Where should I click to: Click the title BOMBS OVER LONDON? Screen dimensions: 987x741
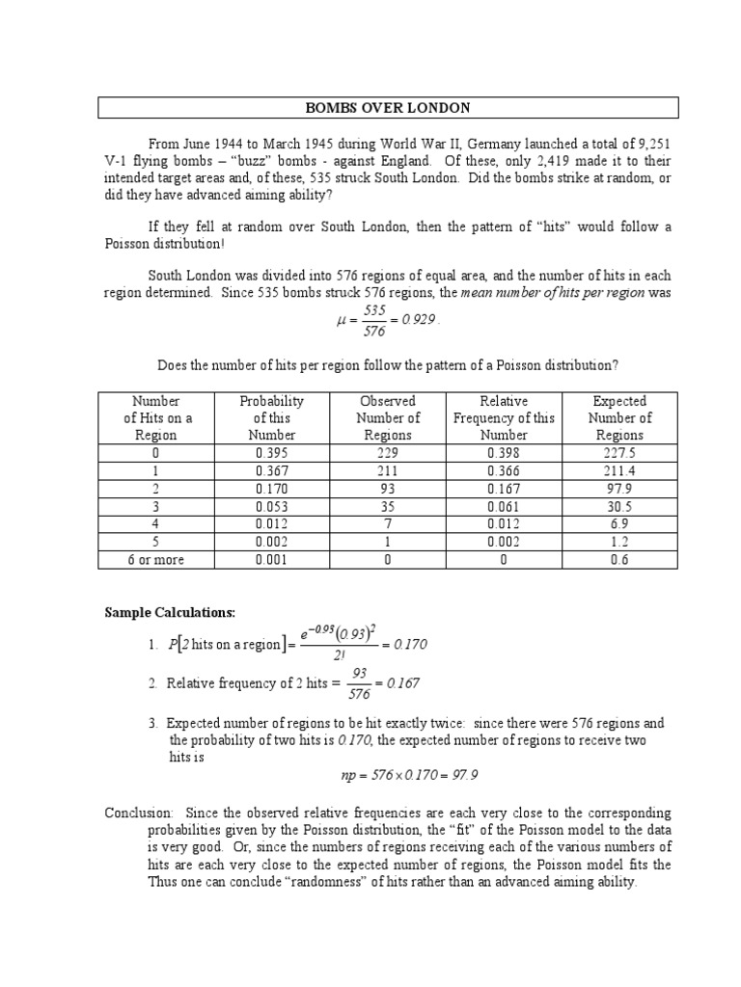click(387, 107)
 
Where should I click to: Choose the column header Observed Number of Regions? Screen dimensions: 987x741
click(388, 418)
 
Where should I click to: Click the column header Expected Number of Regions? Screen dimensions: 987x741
click(619, 418)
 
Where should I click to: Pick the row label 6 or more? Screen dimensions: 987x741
click(156, 559)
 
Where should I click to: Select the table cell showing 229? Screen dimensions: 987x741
click(388, 453)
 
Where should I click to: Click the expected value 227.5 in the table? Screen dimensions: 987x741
click(619, 453)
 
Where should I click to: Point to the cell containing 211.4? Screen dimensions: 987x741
click(619, 470)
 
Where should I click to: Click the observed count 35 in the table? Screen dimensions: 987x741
click(388, 506)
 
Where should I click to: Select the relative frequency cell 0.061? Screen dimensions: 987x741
click(504, 506)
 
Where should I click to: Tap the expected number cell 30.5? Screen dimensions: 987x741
click(619, 506)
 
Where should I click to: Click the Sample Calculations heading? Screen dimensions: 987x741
click(170, 613)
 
